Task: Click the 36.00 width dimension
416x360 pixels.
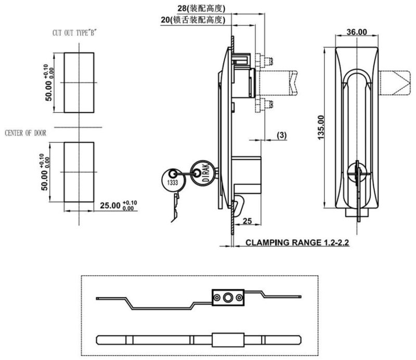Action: tap(357, 32)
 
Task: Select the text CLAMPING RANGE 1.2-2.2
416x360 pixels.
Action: tap(297, 242)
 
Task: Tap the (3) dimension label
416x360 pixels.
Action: tap(281, 135)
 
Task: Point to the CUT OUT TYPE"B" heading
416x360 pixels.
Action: tap(74, 33)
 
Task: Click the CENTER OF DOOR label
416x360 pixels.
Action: tap(25, 133)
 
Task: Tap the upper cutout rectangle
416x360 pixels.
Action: tap(79, 82)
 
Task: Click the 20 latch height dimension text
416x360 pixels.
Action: tap(192, 20)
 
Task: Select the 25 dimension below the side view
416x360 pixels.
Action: tap(247, 222)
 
